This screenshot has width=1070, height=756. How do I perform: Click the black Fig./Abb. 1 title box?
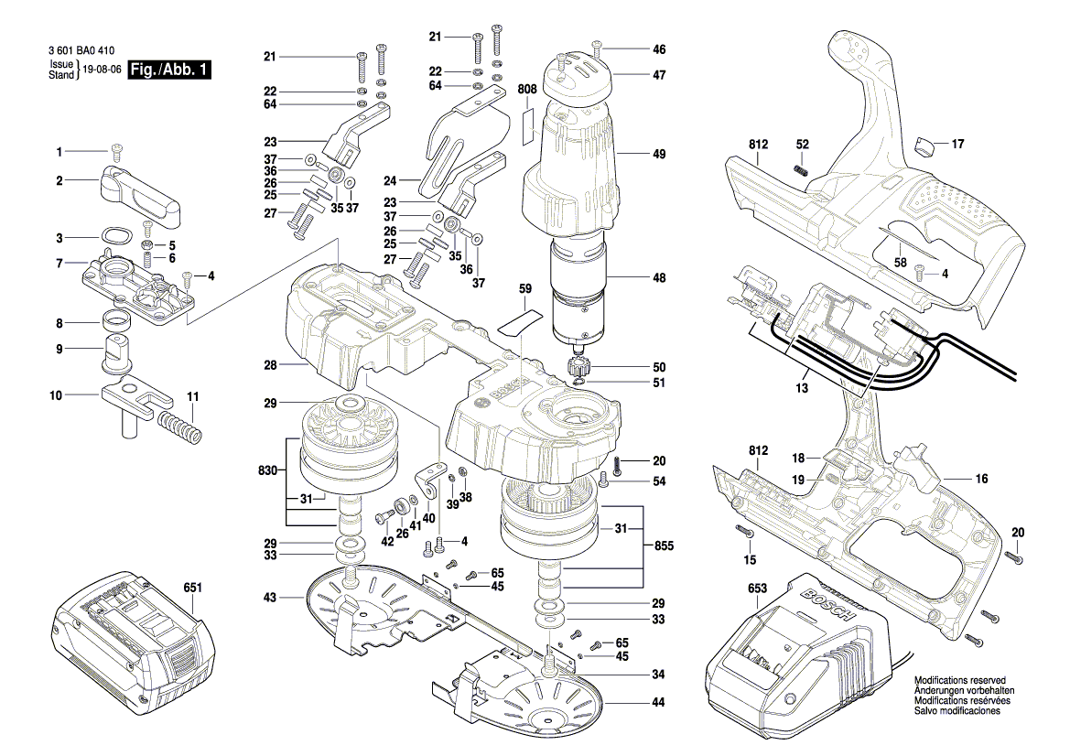170,70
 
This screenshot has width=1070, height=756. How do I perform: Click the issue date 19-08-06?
101,70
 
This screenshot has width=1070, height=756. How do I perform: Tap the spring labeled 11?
178,427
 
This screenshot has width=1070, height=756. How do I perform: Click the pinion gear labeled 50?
578,368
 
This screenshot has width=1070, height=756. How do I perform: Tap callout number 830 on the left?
268,471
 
